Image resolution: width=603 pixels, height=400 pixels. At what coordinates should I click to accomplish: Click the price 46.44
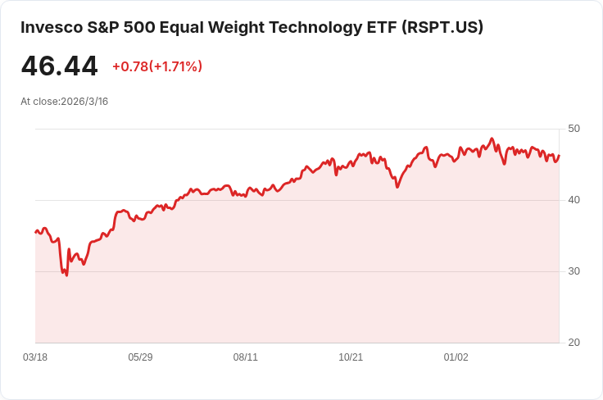[59, 66]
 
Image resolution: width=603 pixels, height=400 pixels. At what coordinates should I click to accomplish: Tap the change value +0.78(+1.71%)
[156, 66]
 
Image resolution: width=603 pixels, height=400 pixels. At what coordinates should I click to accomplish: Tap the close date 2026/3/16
[84, 102]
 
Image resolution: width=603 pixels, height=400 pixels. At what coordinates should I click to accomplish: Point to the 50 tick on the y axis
[574, 129]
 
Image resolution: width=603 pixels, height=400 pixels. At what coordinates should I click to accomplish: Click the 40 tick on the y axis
[574, 200]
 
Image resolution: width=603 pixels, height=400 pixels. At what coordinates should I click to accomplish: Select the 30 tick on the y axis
[574, 271]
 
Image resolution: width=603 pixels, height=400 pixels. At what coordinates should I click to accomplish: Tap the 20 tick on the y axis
[574, 343]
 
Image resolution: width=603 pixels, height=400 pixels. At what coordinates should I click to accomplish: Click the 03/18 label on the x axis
[35, 357]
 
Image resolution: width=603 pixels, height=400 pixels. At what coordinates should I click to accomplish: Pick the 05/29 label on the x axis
[140, 357]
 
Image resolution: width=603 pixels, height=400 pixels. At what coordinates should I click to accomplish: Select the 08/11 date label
[246, 357]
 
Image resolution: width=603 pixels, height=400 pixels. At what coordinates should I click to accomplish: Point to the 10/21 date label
[351, 357]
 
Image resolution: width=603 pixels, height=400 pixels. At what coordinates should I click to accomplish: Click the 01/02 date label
[456, 357]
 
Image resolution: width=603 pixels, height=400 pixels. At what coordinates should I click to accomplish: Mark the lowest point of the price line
[66, 275]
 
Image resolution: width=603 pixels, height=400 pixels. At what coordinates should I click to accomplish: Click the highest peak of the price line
[492, 139]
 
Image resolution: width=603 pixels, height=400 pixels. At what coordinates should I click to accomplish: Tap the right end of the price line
[559, 155]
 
